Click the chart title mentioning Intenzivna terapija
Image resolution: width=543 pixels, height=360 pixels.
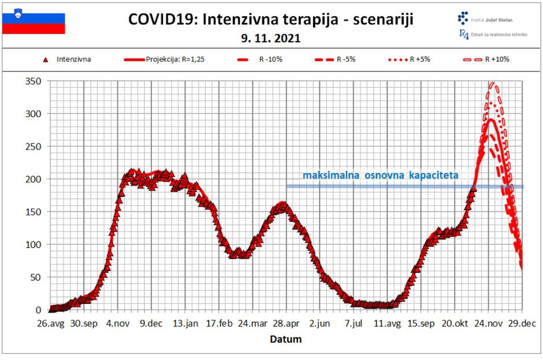coord(271,20)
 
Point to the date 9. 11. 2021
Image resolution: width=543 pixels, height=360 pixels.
coord(271,39)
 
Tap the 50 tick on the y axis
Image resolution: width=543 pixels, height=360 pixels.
coord(34,277)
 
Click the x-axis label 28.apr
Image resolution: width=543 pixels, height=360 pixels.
coord(285,324)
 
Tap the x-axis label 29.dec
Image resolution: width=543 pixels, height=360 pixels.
coord(522,324)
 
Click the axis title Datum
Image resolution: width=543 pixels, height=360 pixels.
coord(285,339)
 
